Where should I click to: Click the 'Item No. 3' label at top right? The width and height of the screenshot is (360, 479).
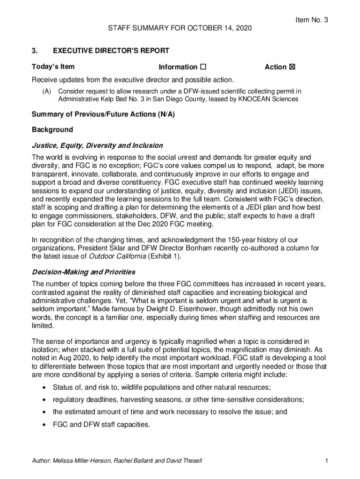click(312, 20)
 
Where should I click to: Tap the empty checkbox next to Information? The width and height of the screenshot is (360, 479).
click(203, 67)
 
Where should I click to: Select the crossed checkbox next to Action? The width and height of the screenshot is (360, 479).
click(292, 67)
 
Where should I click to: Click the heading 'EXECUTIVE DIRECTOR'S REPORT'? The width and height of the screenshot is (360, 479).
click(111, 51)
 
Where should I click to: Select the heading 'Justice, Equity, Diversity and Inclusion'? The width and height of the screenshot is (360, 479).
click(97, 145)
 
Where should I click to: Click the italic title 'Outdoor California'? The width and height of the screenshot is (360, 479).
click(117, 257)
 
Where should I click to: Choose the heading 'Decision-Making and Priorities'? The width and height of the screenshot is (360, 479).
click(83, 272)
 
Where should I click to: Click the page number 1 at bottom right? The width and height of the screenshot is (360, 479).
click(327, 461)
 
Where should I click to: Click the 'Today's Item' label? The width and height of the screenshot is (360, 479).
click(53, 67)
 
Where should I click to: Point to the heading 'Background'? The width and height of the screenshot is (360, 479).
click(52, 130)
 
